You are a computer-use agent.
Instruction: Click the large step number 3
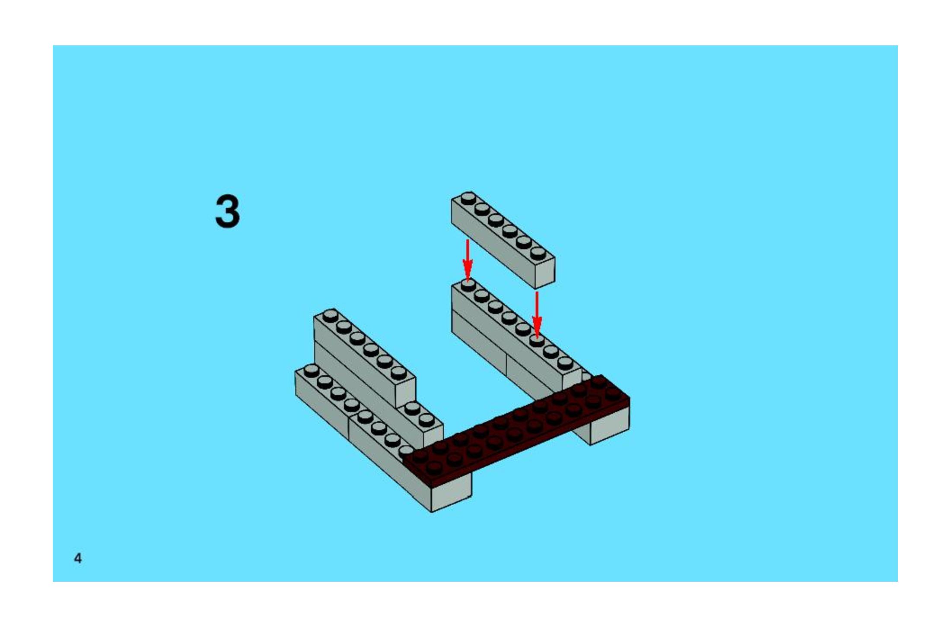(x=227, y=211)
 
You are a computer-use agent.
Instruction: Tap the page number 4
(x=78, y=558)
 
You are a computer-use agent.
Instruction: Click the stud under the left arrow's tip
(x=468, y=285)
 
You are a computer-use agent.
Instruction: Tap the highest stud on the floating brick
(x=468, y=198)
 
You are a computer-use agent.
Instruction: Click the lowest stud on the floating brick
(x=538, y=253)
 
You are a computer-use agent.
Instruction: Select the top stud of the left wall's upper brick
(x=330, y=315)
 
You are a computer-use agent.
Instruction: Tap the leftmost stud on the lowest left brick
(x=311, y=371)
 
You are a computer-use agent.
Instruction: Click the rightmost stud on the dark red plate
(x=612, y=393)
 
